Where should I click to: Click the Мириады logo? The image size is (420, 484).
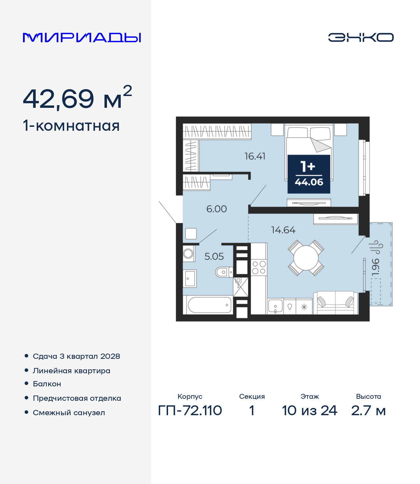(82, 37)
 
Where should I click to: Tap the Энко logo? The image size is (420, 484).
(361, 37)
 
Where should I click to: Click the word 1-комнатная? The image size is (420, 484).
(71, 126)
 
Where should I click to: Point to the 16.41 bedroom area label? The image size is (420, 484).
(255, 156)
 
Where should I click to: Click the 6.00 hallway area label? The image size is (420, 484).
(217, 209)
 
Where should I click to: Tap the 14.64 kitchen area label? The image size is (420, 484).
(283, 230)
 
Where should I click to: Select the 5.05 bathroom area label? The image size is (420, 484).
(214, 257)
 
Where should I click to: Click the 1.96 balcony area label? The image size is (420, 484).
(375, 267)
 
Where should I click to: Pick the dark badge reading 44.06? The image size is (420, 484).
(309, 174)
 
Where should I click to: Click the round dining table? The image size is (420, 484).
(306, 258)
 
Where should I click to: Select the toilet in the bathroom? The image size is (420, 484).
(224, 272)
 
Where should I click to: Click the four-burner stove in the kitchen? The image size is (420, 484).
(259, 267)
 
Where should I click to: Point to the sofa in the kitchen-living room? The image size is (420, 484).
(335, 303)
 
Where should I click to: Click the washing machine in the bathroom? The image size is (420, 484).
(189, 253)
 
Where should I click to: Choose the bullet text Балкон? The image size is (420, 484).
(47, 384)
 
